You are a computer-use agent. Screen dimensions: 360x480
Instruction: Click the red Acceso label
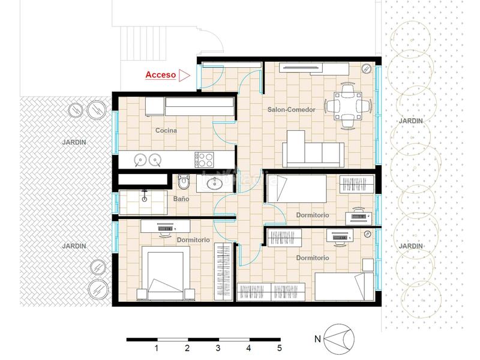160,76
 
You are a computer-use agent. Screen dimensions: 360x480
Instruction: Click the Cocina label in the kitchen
166,130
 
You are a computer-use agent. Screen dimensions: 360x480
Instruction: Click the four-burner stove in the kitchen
205,159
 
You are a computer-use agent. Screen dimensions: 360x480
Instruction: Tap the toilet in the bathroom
184,182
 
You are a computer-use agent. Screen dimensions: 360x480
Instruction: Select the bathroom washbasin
212,184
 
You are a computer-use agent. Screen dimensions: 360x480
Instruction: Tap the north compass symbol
339,338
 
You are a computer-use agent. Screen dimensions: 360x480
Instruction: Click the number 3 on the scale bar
218,347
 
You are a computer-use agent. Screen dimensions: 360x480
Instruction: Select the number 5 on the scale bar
279,347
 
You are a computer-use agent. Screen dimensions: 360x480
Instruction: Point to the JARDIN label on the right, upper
411,121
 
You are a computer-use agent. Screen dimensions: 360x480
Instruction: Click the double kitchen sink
148,159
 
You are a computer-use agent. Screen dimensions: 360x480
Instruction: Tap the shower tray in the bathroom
145,200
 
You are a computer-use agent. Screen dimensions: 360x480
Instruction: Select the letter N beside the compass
317,339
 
